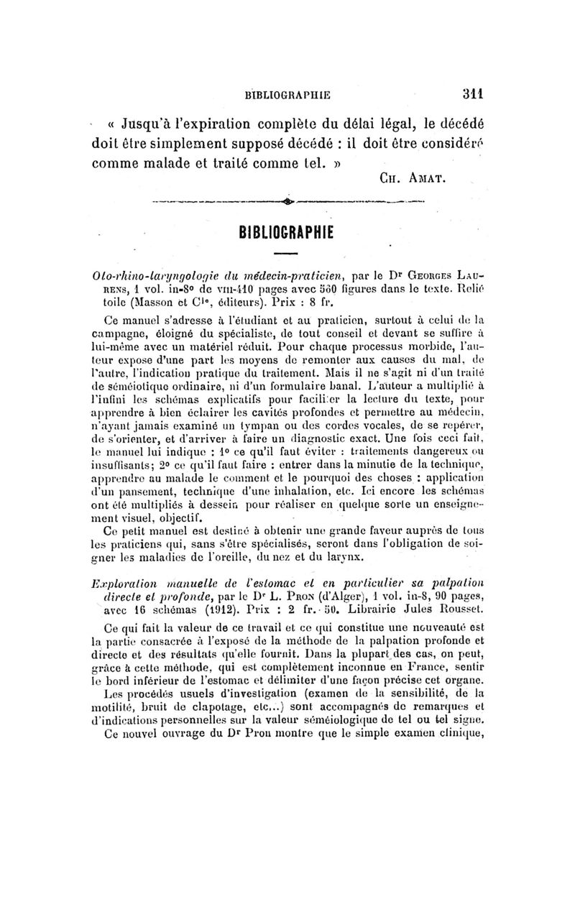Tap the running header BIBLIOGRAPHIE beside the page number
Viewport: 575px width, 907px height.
point(287,93)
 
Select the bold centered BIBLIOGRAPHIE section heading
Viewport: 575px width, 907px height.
point(286,234)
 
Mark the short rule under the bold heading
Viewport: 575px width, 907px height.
point(286,254)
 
